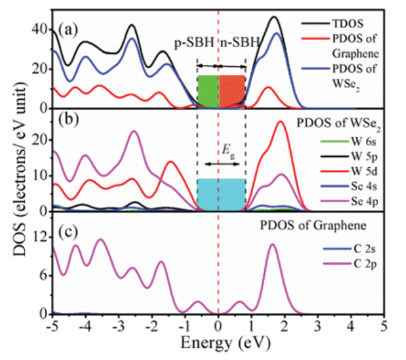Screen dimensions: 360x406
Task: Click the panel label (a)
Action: tap(69, 29)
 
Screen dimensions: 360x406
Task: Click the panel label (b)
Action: tap(69, 119)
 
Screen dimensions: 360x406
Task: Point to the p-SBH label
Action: tap(195, 43)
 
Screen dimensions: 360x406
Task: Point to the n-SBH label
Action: tap(240, 43)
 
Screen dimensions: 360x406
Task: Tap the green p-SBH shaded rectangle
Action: tap(207, 91)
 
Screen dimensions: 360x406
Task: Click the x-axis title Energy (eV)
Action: tap(218, 343)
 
